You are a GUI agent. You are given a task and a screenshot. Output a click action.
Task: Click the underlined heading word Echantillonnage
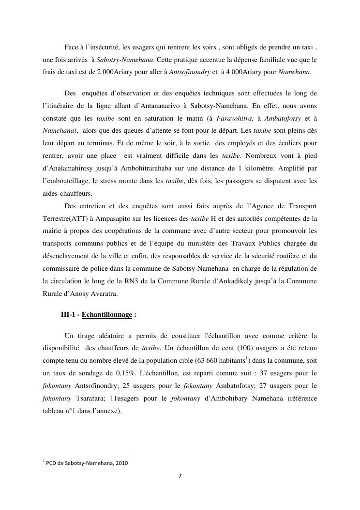[x=107, y=314]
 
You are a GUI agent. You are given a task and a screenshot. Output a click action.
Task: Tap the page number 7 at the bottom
[x=180, y=476]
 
